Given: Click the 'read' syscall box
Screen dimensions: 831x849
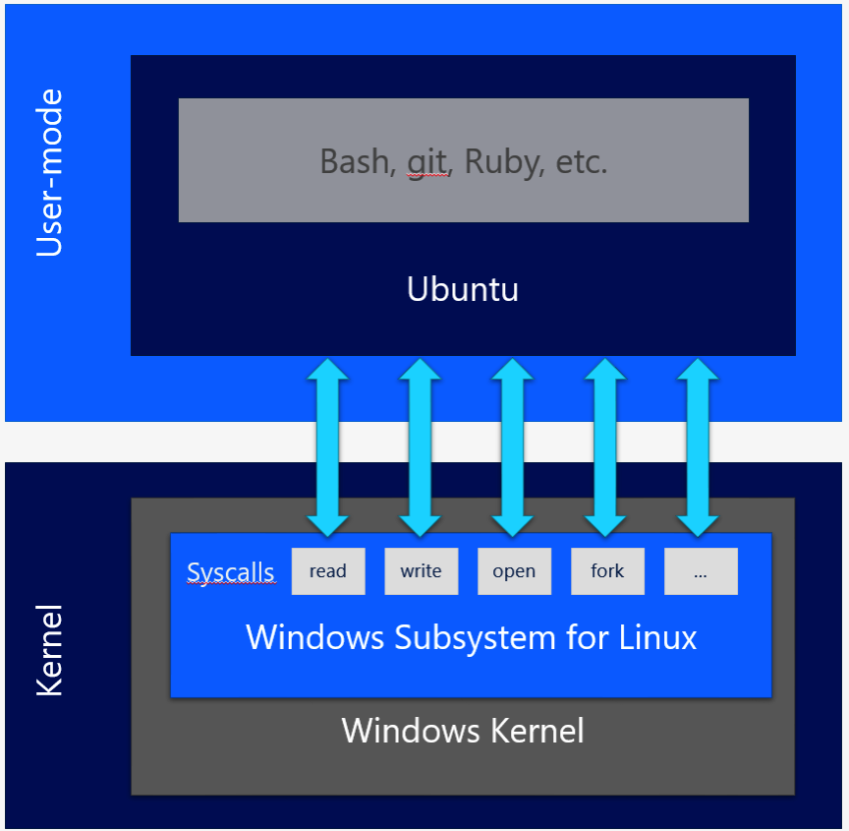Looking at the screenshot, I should click(x=328, y=571).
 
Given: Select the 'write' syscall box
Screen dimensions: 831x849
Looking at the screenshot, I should click(x=421, y=571).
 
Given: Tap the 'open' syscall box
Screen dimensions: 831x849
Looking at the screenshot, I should click(x=514, y=571).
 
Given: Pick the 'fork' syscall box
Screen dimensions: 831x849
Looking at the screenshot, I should click(x=607, y=571).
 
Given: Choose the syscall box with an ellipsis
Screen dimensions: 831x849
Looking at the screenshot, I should click(x=701, y=571).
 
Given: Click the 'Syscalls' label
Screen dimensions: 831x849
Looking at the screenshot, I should click(x=231, y=572).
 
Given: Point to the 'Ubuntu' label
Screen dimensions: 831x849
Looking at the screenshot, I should click(x=463, y=290).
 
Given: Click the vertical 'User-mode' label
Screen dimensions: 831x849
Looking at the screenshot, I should click(x=49, y=173).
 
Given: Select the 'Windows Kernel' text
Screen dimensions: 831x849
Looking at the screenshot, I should click(x=463, y=731).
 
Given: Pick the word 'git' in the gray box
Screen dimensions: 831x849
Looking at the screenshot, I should click(x=427, y=161).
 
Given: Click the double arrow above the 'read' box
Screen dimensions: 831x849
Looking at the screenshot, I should click(x=327, y=446).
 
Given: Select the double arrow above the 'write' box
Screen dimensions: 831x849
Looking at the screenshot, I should click(x=421, y=446).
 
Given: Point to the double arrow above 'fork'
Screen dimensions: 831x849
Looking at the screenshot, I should click(x=605, y=446).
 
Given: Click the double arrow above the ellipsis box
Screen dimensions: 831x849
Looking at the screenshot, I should click(x=699, y=446).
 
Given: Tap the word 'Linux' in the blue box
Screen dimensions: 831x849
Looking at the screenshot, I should click(x=657, y=637).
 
